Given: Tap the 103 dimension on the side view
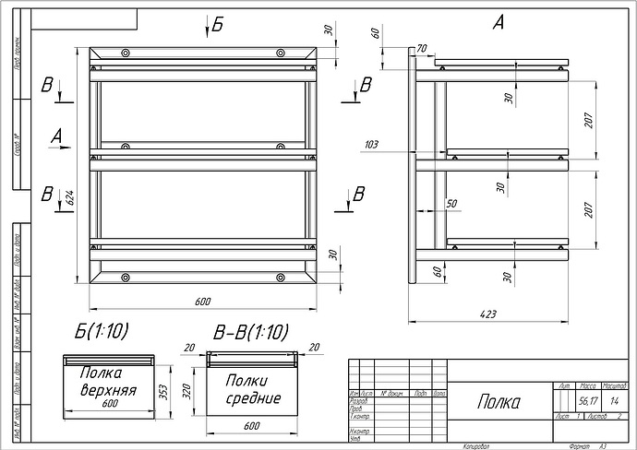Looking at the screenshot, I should click(x=373, y=145).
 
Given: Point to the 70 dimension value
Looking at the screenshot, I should click(x=422, y=48).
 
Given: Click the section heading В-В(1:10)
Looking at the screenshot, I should click(x=250, y=332).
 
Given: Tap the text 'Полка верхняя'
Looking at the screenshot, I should click(x=108, y=382).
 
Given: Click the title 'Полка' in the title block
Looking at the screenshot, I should click(x=499, y=402).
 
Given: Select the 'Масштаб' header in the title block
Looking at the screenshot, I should click(x=614, y=386).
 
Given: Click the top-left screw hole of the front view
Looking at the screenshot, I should click(x=126, y=53).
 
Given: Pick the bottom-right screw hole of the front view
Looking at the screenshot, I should click(x=279, y=277).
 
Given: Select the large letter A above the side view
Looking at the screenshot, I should click(x=499, y=24).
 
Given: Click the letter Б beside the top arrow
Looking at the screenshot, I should click(x=218, y=25).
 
